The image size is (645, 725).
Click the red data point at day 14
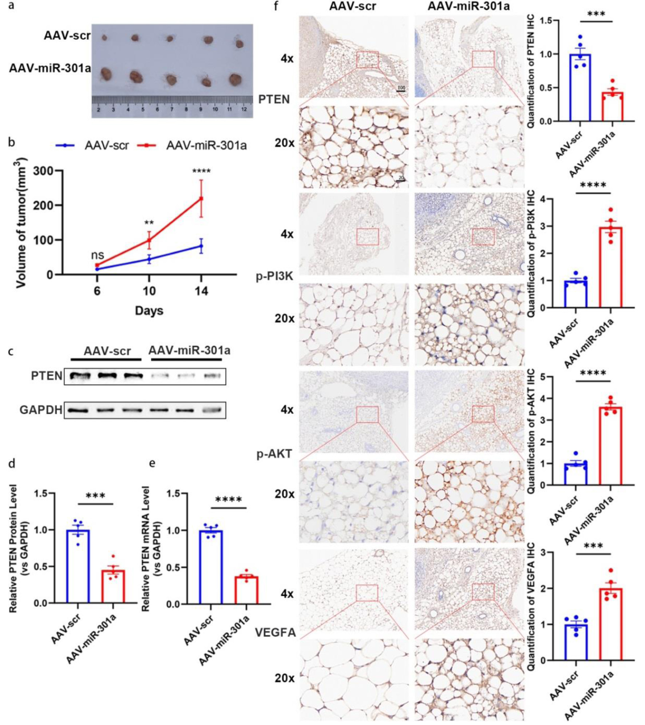point(201,199)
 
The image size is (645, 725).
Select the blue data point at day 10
point(149,259)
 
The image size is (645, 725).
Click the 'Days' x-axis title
point(149,311)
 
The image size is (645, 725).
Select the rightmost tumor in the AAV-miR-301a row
point(235,79)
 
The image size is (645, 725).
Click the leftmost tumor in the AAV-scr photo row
point(104,37)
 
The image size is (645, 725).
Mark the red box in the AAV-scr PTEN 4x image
point(367,60)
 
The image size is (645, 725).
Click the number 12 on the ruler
point(244,109)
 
